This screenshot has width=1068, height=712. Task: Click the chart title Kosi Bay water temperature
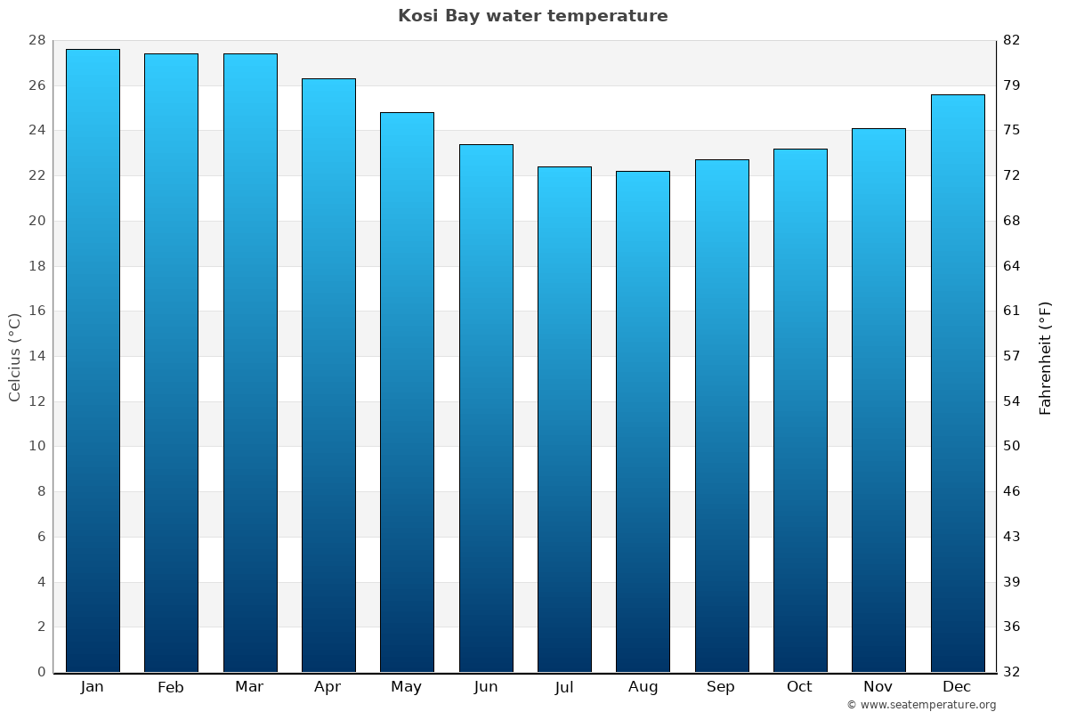tap(532, 16)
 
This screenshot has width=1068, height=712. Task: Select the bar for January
tap(93, 360)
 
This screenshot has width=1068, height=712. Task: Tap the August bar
tap(643, 421)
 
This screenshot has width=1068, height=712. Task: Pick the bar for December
tap(958, 383)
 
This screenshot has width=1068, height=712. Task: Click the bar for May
tap(407, 392)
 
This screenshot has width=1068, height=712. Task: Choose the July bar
tap(564, 419)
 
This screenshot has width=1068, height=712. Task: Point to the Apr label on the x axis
tap(328, 687)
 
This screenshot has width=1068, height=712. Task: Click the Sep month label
tap(721, 687)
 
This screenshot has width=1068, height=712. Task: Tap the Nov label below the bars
tap(878, 687)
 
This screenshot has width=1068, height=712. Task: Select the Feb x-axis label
tap(171, 687)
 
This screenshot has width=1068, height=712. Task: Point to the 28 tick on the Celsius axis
tap(36, 41)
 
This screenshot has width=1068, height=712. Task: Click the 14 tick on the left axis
tap(36, 356)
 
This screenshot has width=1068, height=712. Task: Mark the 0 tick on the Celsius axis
tap(41, 672)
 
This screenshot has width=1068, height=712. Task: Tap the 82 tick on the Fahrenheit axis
tap(1012, 41)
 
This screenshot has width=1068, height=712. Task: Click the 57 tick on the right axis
tap(1012, 356)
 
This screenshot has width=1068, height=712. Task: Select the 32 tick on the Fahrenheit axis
tap(1012, 672)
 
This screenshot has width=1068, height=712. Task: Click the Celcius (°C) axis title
tap(14, 356)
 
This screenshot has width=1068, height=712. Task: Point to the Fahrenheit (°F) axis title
tap(1046, 357)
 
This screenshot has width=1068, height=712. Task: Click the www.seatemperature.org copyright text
tap(921, 705)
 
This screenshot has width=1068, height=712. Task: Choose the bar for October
tap(800, 410)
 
